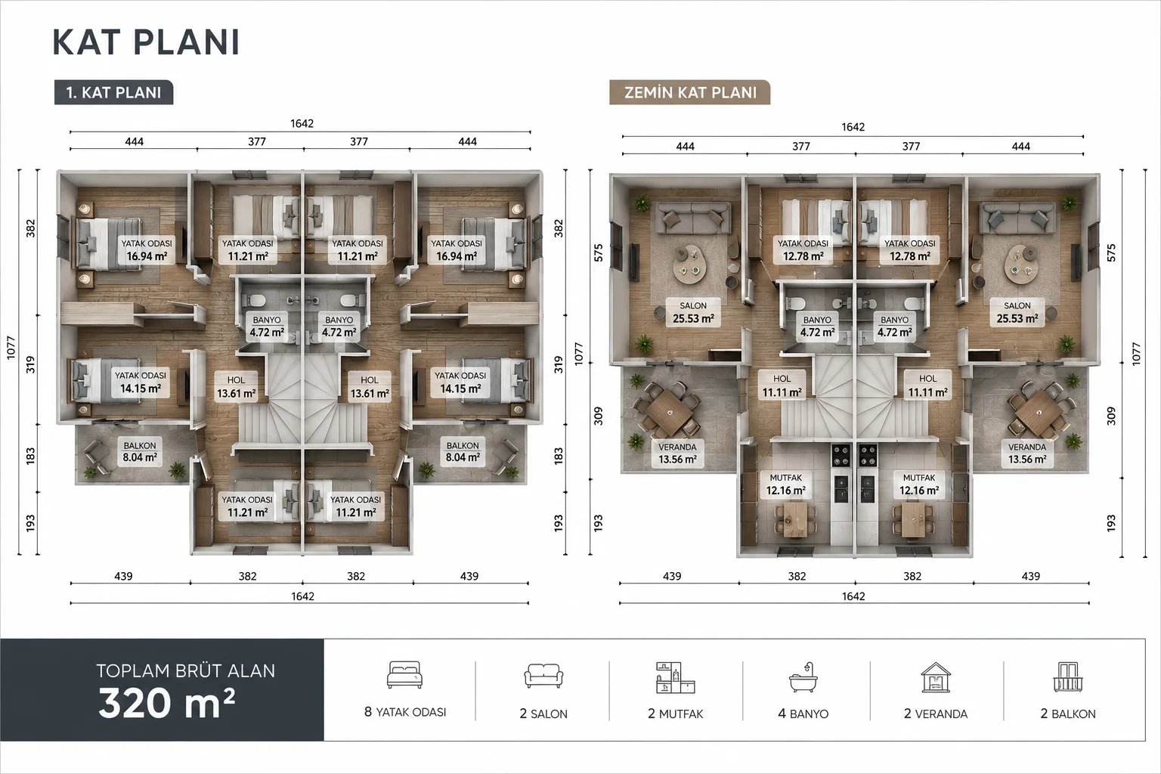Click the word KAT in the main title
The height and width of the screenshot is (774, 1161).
point(87,42)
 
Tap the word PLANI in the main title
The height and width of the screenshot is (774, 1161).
point(187,42)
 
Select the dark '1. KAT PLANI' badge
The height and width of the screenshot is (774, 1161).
point(113,92)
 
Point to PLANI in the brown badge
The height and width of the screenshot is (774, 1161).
point(733,92)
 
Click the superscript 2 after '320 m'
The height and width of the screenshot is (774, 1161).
point(230,694)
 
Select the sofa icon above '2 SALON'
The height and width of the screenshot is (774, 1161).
point(543,676)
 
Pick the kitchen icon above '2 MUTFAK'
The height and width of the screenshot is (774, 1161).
point(675,677)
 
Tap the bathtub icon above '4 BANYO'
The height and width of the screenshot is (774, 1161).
point(803,677)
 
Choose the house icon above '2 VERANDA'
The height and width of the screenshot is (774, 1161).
point(936,677)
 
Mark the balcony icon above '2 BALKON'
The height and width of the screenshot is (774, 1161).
point(1068,677)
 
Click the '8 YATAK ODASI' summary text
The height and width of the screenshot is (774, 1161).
point(405,712)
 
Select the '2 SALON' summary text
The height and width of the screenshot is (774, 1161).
point(543,714)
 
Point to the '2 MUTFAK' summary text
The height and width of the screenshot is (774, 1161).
point(675,714)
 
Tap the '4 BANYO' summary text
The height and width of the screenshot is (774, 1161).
point(803,714)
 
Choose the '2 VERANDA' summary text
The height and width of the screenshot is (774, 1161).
point(936,714)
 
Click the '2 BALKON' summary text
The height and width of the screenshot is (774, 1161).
point(1068,714)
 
